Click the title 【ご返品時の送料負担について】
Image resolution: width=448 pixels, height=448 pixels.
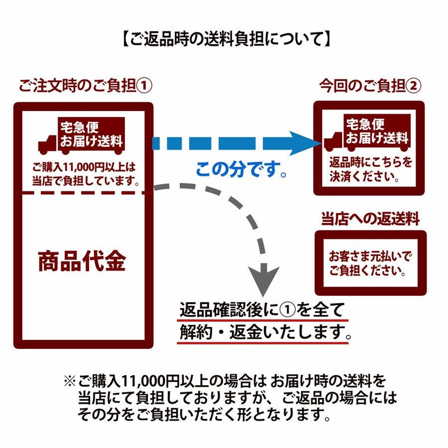(225, 39)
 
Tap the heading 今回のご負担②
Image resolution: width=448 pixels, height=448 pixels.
(370, 86)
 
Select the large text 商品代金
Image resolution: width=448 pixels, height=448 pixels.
(82, 261)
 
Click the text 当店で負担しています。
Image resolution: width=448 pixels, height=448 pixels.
(85, 180)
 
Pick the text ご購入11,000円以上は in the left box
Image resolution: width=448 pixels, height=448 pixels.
(84, 167)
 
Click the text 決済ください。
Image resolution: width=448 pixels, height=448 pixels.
(370, 176)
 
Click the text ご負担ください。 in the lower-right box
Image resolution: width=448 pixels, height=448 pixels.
(370, 271)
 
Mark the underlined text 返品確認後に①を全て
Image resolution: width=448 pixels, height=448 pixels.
(261, 310)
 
